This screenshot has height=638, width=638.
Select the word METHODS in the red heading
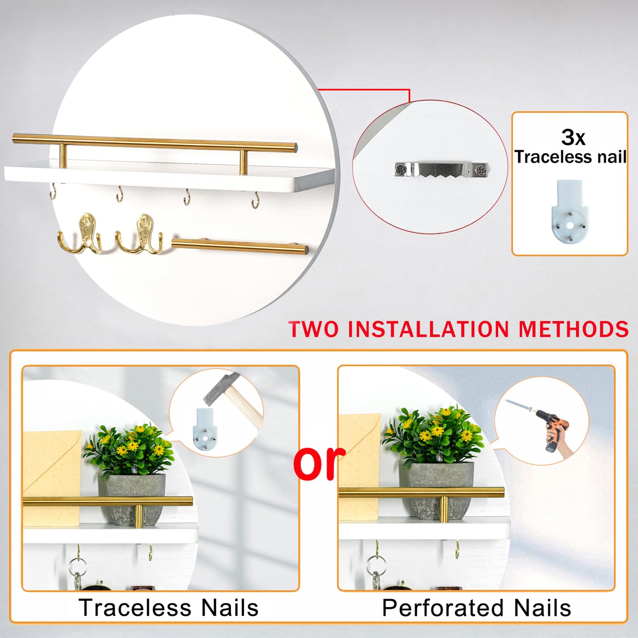(x=574, y=329)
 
